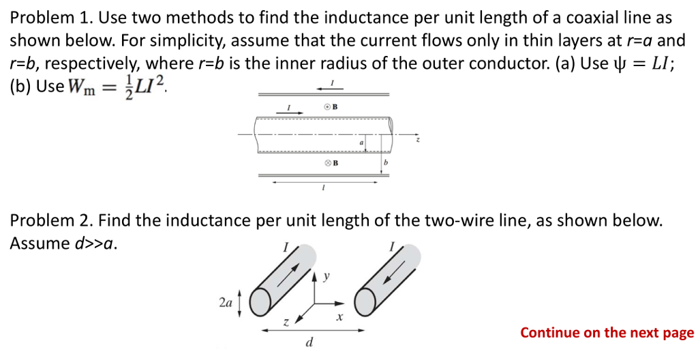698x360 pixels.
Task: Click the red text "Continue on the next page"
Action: pyautogui.click(x=607, y=333)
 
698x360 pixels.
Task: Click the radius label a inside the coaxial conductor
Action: pyautogui.click(x=362, y=142)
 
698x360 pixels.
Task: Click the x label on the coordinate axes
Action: pyautogui.click(x=339, y=318)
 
